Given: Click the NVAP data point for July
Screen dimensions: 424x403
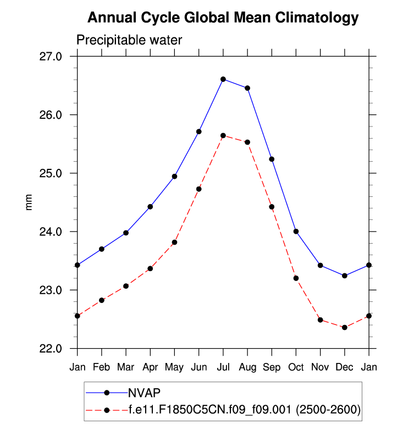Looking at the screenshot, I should coord(223,79).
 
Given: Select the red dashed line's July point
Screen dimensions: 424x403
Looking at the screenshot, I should coord(223,135).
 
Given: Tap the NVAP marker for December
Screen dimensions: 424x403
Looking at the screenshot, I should coord(345,276).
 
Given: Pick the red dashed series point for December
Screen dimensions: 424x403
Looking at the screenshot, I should coord(345,327).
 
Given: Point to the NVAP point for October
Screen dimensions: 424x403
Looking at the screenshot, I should coord(296,232).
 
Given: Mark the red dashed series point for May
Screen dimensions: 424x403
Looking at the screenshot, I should coord(174,242).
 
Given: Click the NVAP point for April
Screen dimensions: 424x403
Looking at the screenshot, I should coord(150,207).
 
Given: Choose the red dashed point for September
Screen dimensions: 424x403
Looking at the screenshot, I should coord(272,207).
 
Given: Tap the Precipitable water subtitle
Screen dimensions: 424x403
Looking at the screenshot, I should coord(129,40).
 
